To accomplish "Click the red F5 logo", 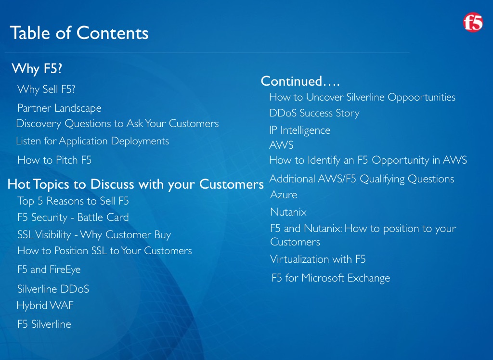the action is [473, 22].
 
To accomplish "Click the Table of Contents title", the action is [79, 33].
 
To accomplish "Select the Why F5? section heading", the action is [37, 68].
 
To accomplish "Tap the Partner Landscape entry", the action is [59, 108].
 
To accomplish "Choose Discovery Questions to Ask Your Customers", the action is [117, 124].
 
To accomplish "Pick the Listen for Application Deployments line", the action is [92, 141].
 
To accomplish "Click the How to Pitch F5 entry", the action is [54, 160].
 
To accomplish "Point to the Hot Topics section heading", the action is [135, 184].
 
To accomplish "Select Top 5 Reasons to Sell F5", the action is [73, 201].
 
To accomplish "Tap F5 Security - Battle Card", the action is [73, 217].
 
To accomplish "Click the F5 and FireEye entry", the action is [49, 270].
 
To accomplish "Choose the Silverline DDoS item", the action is [53, 289].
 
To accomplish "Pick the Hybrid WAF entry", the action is [45, 305].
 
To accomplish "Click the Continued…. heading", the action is [300, 81].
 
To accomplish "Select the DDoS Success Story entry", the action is [314, 113].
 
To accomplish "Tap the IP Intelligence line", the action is [300, 130].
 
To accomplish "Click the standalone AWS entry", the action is [281, 145].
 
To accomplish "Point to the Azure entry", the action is [284, 194].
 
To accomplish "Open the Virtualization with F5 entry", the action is [318, 259].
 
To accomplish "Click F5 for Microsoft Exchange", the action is [331, 278].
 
